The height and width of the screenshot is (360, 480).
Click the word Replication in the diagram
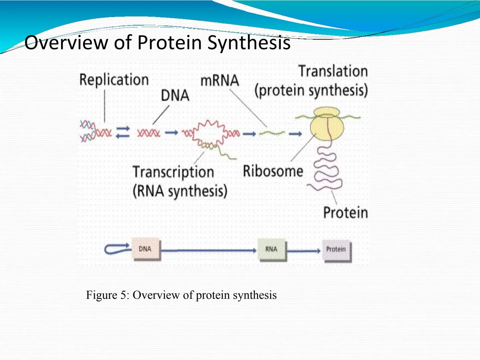click(114, 80)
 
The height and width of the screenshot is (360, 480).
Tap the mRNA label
click(220, 81)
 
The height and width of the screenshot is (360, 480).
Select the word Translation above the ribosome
click(333, 71)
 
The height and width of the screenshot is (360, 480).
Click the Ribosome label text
click(273, 171)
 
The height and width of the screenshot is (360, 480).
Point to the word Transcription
click(173, 172)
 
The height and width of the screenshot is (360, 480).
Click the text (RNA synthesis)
click(180, 191)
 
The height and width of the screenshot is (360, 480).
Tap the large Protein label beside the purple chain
click(345, 212)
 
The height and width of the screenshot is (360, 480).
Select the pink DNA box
click(145, 249)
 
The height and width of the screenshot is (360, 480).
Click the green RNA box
click(271, 249)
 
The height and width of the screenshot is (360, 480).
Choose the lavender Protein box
click(336, 249)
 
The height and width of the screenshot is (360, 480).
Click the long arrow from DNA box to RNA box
click(208, 250)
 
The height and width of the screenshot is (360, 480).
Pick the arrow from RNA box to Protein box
click(303, 250)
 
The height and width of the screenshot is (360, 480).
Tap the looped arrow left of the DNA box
click(117, 249)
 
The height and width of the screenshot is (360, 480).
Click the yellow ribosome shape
click(327, 127)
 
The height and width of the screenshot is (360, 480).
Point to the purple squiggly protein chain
click(325, 170)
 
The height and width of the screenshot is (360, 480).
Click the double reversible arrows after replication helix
click(123, 132)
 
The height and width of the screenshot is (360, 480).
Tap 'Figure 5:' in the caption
click(107, 295)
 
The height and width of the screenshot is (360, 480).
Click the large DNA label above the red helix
click(175, 95)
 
